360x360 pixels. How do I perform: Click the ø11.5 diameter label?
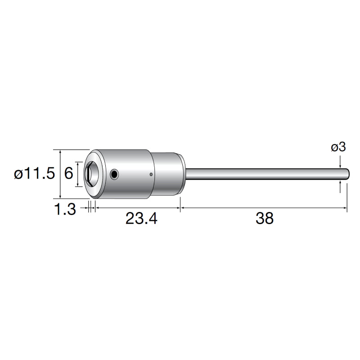point(35,173)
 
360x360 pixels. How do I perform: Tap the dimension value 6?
point(68,173)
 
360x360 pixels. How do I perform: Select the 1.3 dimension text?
point(65,209)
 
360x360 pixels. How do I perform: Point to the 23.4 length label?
point(141,218)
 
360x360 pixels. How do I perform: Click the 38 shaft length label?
point(265,218)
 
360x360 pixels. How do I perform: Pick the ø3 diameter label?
point(338,147)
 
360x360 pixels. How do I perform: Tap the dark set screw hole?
point(114,174)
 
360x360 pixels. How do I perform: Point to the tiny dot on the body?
point(151,175)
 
